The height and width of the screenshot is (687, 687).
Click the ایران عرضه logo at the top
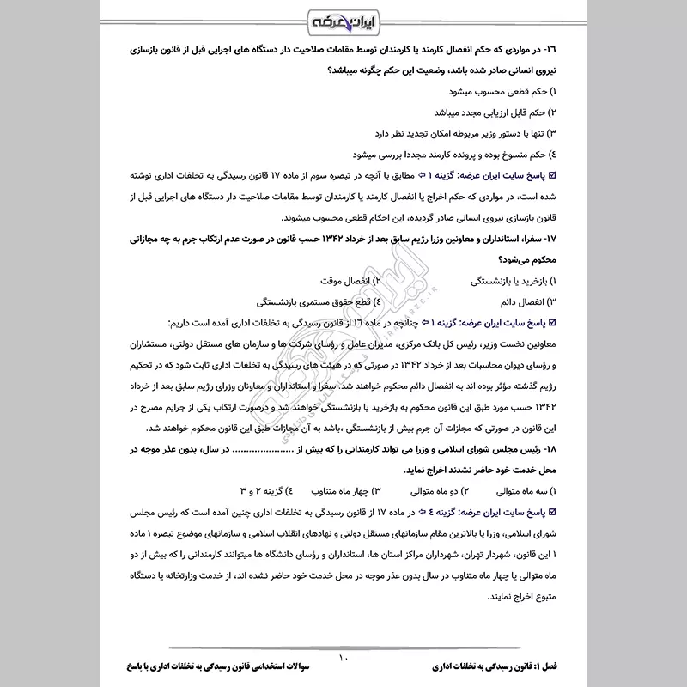pos(343,20)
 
